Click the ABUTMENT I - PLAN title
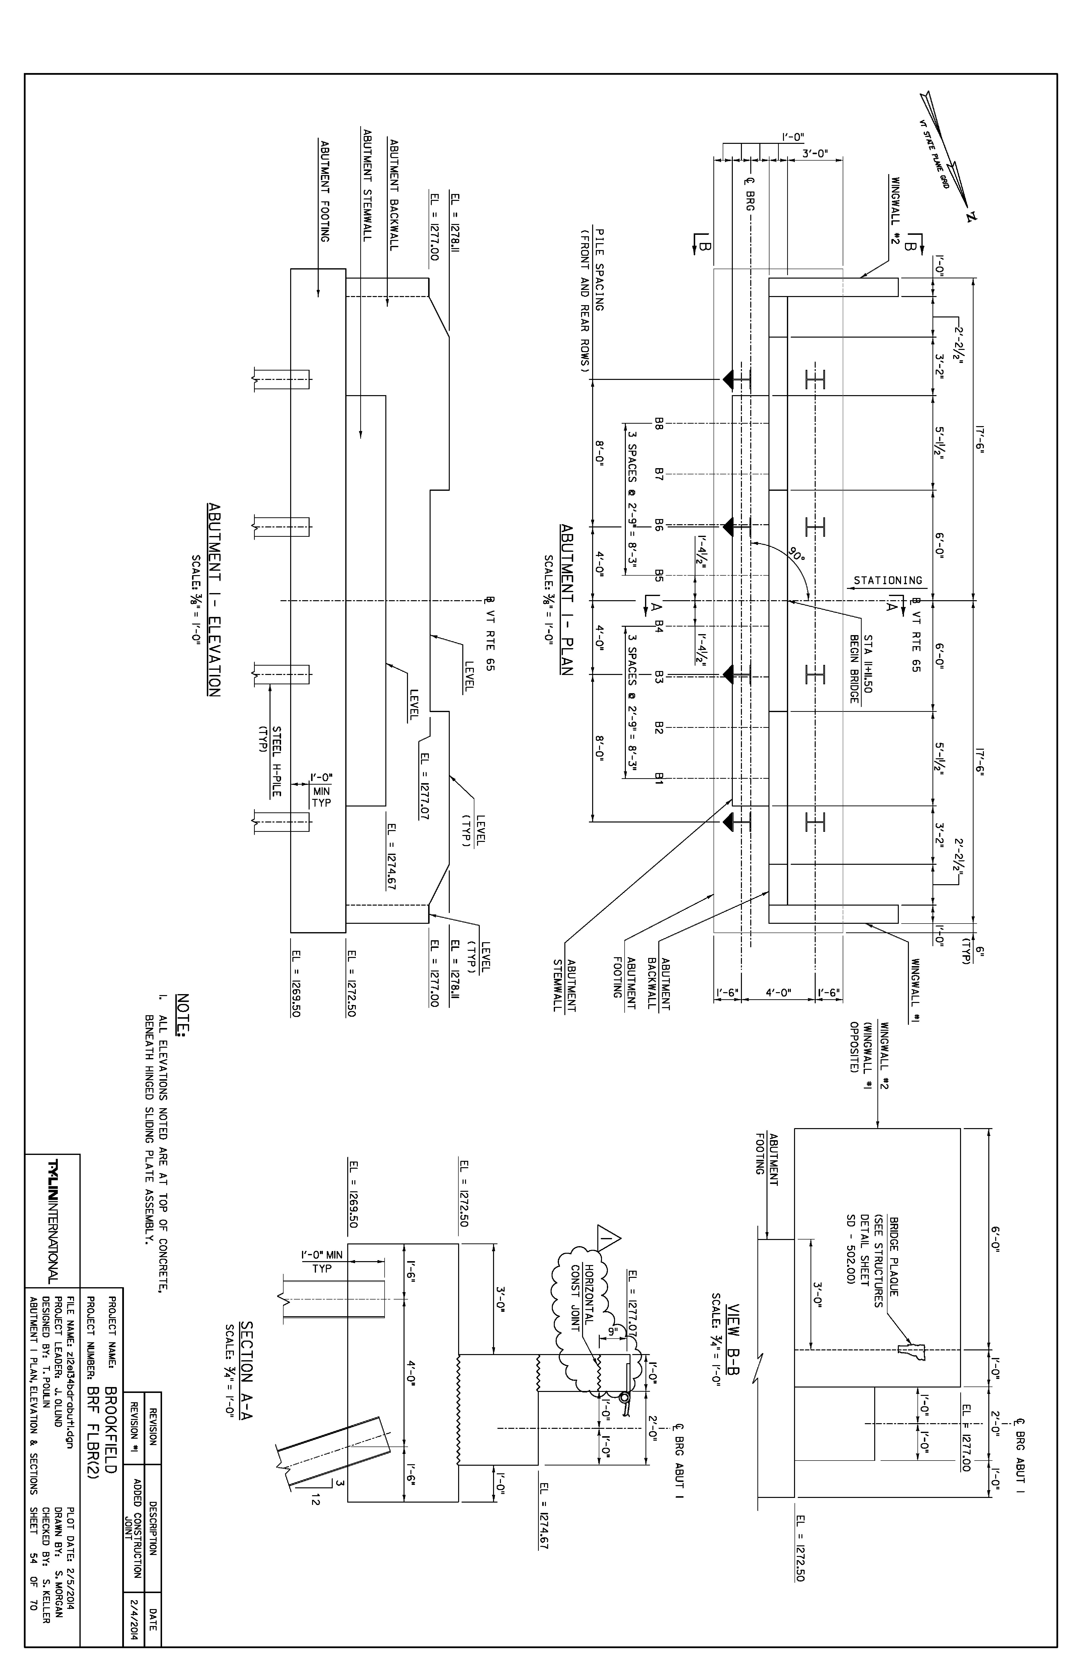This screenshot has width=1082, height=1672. click(x=566, y=599)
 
